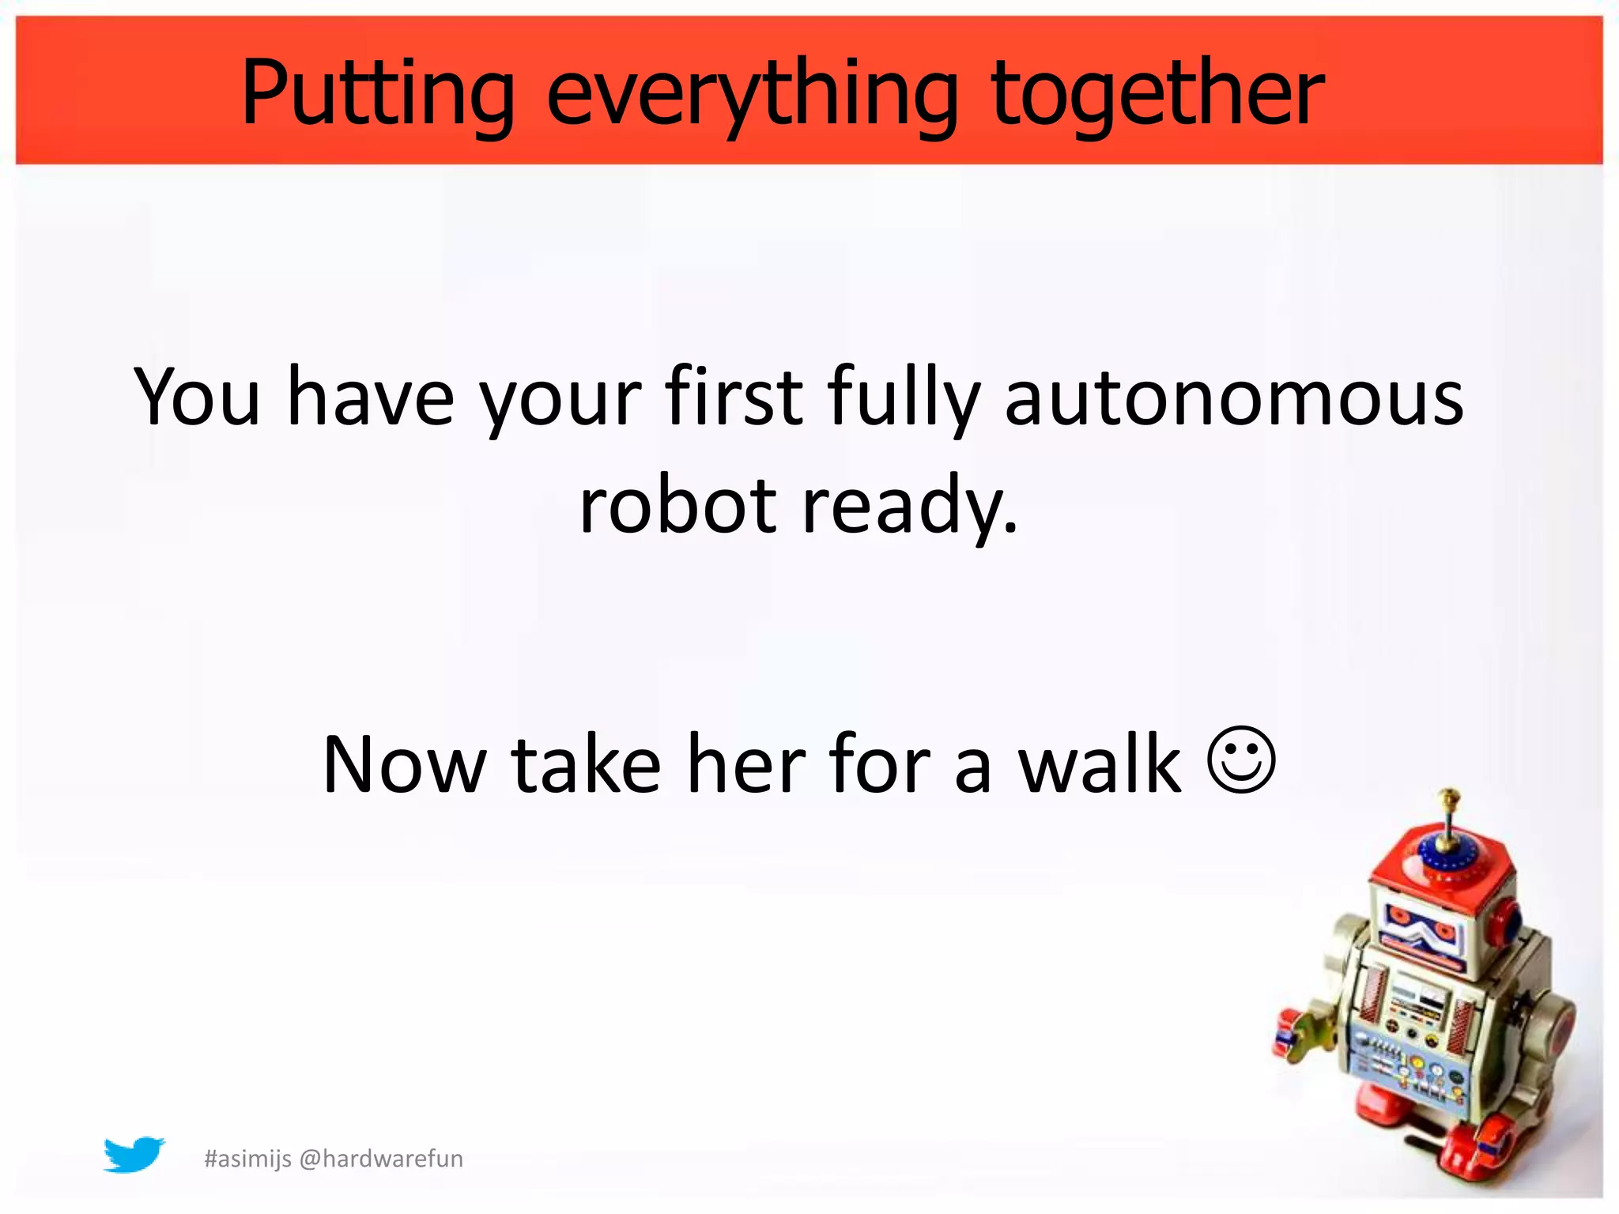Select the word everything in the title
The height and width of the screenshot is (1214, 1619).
pos(752,93)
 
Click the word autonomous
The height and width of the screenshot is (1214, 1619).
pos(1233,397)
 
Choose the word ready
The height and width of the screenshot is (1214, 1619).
pos(909,506)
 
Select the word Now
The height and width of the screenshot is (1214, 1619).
pos(405,765)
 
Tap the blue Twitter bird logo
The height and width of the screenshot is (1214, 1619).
pos(134,1155)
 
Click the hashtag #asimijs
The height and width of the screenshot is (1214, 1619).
pos(247,1159)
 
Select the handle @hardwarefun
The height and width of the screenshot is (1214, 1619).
pos(382,1159)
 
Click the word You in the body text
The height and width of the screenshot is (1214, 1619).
pos(197,397)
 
